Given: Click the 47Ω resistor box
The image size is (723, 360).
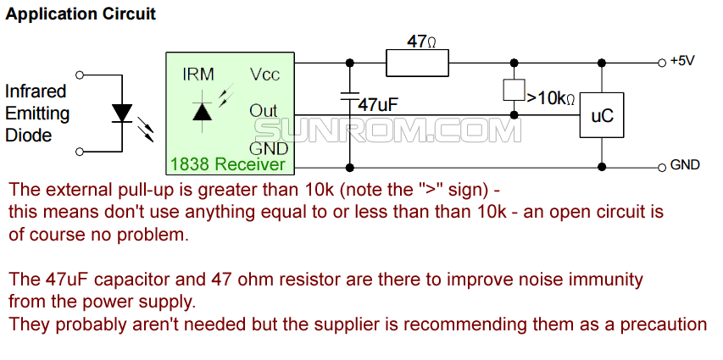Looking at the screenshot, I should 417,62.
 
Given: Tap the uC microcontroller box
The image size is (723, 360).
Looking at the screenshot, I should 602,116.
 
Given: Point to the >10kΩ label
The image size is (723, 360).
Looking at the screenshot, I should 551,98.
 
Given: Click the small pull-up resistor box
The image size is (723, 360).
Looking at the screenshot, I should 512,89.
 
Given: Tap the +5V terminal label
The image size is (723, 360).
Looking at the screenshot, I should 682,61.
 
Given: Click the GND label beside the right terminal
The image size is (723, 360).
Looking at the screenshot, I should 685,164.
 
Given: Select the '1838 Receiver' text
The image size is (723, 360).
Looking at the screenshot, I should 228,164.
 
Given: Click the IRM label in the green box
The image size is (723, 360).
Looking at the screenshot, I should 198,75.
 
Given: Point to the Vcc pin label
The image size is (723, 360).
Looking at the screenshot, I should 264,75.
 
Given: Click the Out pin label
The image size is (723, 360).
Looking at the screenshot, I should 264,111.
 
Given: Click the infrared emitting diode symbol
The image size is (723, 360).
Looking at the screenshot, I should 124,113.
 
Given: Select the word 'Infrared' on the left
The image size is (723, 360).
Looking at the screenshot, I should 36,91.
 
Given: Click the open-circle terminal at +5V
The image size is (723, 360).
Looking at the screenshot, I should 661,62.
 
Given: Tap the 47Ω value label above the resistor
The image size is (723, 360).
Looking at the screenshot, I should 421,42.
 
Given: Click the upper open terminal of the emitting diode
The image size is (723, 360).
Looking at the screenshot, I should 80,75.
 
